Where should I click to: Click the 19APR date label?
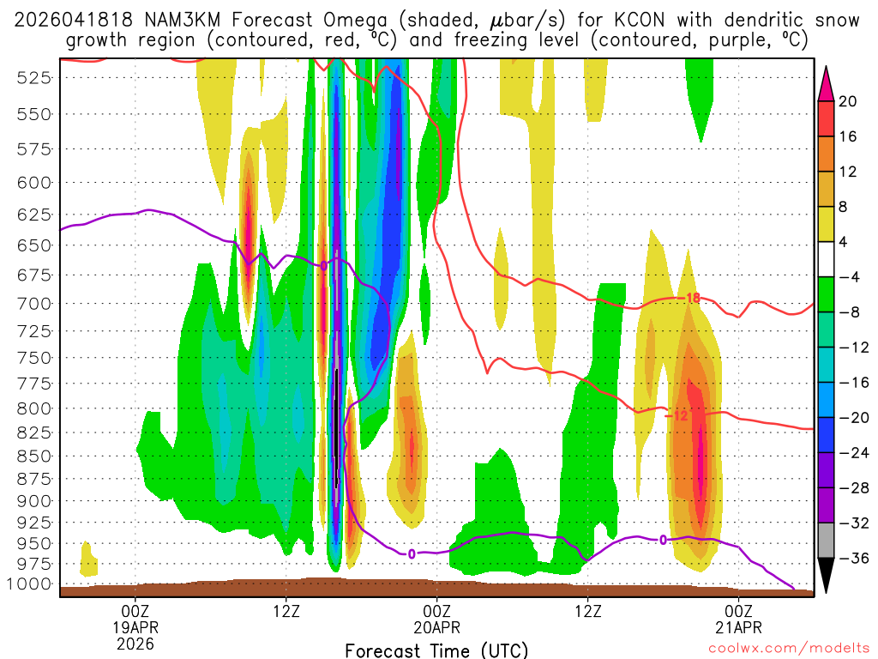135,626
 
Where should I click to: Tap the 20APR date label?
437,626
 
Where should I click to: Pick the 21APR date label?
739,626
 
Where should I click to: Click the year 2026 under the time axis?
135,643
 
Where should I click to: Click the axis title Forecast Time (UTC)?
437,650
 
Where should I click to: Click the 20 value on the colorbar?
848,101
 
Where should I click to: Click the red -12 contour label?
677,416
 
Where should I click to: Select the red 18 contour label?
693,299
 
